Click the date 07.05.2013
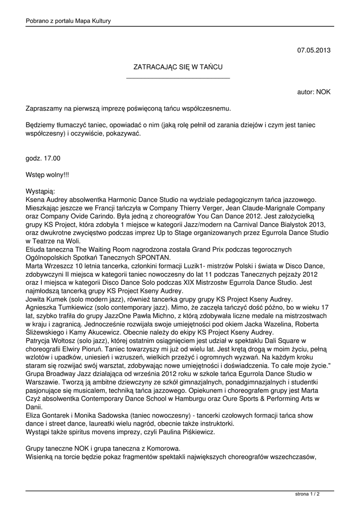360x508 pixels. tap(314, 50)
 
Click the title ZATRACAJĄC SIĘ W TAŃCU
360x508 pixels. tap(178, 66)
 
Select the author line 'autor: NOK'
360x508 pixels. tap(314, 92)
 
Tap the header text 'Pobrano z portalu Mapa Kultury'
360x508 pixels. tap(68, 20)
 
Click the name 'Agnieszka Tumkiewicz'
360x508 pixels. tap(57, 308)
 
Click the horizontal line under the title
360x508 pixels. tap(178, 78)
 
